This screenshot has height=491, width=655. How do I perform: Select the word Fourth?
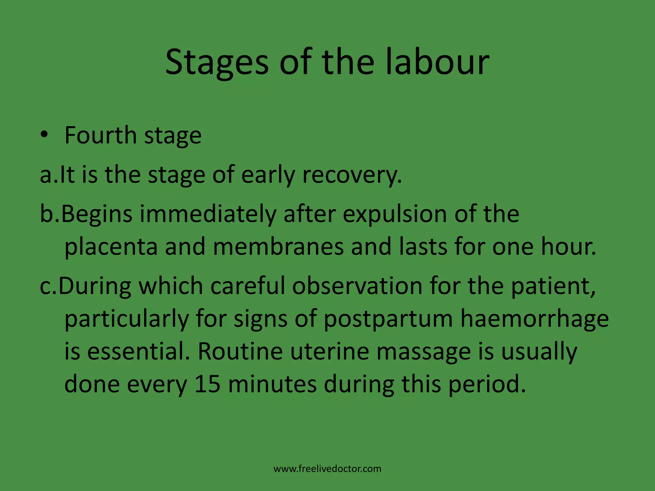click(x=100, y=135)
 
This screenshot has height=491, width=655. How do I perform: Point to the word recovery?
click(x=352, y=175)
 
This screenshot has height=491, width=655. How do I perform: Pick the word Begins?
click(x=96, y=214)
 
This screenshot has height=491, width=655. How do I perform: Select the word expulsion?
click(x=395, y=214)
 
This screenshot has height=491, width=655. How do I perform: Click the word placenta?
click(x=111, y=247)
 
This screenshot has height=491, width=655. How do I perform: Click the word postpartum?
click(x=388, y=319)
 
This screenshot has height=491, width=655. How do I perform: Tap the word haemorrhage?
click(x=534, y=319)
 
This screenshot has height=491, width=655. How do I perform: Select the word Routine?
click(x=240, y=351)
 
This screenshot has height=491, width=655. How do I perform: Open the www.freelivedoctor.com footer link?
click(x=327, y=469)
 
